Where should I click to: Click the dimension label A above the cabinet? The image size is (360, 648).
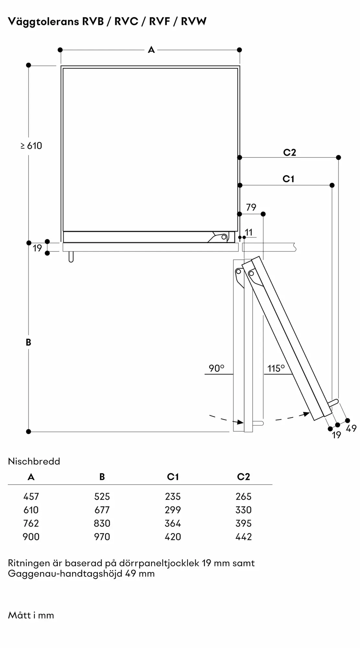tap(151, 50)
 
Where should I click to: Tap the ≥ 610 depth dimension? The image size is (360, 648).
tap(31, 146)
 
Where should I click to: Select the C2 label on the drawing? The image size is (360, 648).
tap(289, 152)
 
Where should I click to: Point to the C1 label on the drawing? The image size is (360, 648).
tap(288, 179)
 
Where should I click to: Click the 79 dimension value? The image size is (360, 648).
tap(251, 207)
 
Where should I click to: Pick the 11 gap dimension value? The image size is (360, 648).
tap(249, 232)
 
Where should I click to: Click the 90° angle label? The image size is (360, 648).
tap(216, 368)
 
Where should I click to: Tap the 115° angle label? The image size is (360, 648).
tap(276, 368)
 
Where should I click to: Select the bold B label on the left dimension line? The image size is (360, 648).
tap(29, 342)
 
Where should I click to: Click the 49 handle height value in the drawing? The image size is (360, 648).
tap(351, 428)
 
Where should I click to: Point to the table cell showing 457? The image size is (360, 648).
tap(31, 496)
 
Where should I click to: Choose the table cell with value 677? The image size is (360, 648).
tap(102, 510)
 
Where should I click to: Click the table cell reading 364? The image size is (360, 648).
tap(173, 523)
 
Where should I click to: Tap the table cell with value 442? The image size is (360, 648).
tap(244, 537)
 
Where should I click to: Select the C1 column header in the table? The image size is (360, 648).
tap(173, 477)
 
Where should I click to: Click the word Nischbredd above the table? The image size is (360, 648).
tap(34, 461)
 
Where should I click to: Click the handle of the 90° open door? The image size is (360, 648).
tap(258, 423)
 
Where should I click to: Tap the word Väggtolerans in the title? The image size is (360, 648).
tap(43, 22)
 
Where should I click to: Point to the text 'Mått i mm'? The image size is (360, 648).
tap(31, 615)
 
